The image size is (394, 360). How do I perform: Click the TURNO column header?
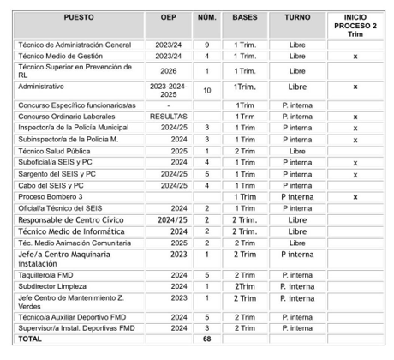297,16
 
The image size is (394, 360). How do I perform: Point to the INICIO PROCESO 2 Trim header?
355,24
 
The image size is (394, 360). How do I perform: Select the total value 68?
206,339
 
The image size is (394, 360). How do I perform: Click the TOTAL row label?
33,339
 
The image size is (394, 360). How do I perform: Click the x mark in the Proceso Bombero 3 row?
355,196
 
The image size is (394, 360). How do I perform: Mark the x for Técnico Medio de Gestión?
355,55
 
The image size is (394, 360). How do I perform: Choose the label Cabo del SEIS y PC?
51,184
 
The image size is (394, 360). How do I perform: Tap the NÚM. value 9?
206,44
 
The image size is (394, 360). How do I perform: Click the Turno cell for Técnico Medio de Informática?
297,231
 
